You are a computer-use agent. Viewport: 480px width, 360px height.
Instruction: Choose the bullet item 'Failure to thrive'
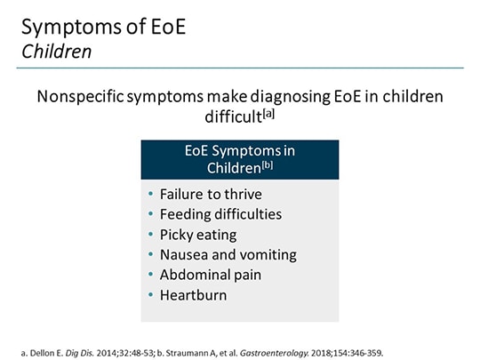point(210,194)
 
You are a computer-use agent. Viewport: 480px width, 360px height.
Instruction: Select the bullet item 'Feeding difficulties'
point(220,214)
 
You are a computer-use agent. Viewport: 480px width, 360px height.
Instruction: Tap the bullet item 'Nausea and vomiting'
point(228,254)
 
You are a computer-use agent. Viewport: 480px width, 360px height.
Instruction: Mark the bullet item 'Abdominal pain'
point(205,275)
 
